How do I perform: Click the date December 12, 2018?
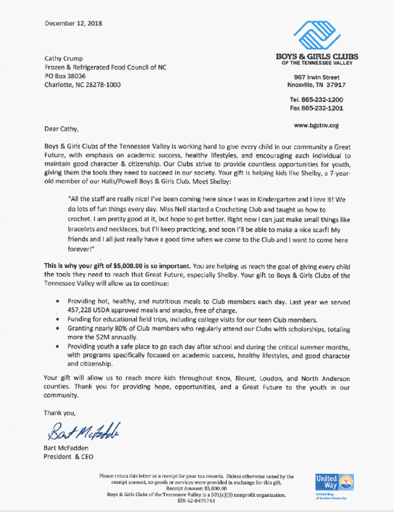73,23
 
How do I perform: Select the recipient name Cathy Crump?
63,59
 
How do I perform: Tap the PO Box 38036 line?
65,76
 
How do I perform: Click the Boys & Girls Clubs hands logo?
317,35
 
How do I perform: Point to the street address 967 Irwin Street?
316,77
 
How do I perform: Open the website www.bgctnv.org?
316,125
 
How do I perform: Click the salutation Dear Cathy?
61,129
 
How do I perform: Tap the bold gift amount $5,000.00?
127,266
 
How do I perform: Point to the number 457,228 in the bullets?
79,310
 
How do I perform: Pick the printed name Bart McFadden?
66,448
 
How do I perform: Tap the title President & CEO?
68,457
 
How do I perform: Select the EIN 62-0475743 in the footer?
196,501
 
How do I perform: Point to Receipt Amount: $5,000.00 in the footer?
196,489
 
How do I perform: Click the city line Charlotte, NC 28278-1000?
82,85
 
